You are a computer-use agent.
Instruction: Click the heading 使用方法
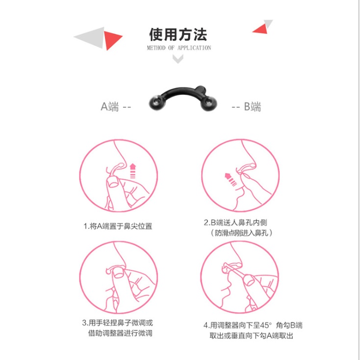(x=178, y=34)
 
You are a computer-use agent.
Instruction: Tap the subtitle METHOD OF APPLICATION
(x=179, y=48)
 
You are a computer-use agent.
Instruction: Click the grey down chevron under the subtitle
(x=178, y=59)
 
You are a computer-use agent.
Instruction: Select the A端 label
(x=110, y=107)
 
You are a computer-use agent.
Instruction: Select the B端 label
(x=252, y=107)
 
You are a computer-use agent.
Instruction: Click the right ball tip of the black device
(x=208, y=103)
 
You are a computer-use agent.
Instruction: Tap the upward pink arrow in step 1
(x=133, y=171)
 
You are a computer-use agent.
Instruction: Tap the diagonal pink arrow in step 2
(x=231, y=179)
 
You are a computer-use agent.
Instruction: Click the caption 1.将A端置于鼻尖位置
(x=118, y=226)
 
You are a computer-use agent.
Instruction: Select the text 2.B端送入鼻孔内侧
(x=235, y=222)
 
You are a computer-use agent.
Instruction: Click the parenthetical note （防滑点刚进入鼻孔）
(x=241, y=233)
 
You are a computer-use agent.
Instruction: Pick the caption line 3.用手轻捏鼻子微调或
(x=118, y=323)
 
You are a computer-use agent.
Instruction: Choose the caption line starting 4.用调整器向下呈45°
(x=253, y=325)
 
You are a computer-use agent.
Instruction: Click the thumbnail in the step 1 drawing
(x=113, y=183)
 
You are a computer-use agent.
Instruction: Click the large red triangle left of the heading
(x=111, y=40)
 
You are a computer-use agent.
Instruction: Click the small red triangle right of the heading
(x=261, y=29)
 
